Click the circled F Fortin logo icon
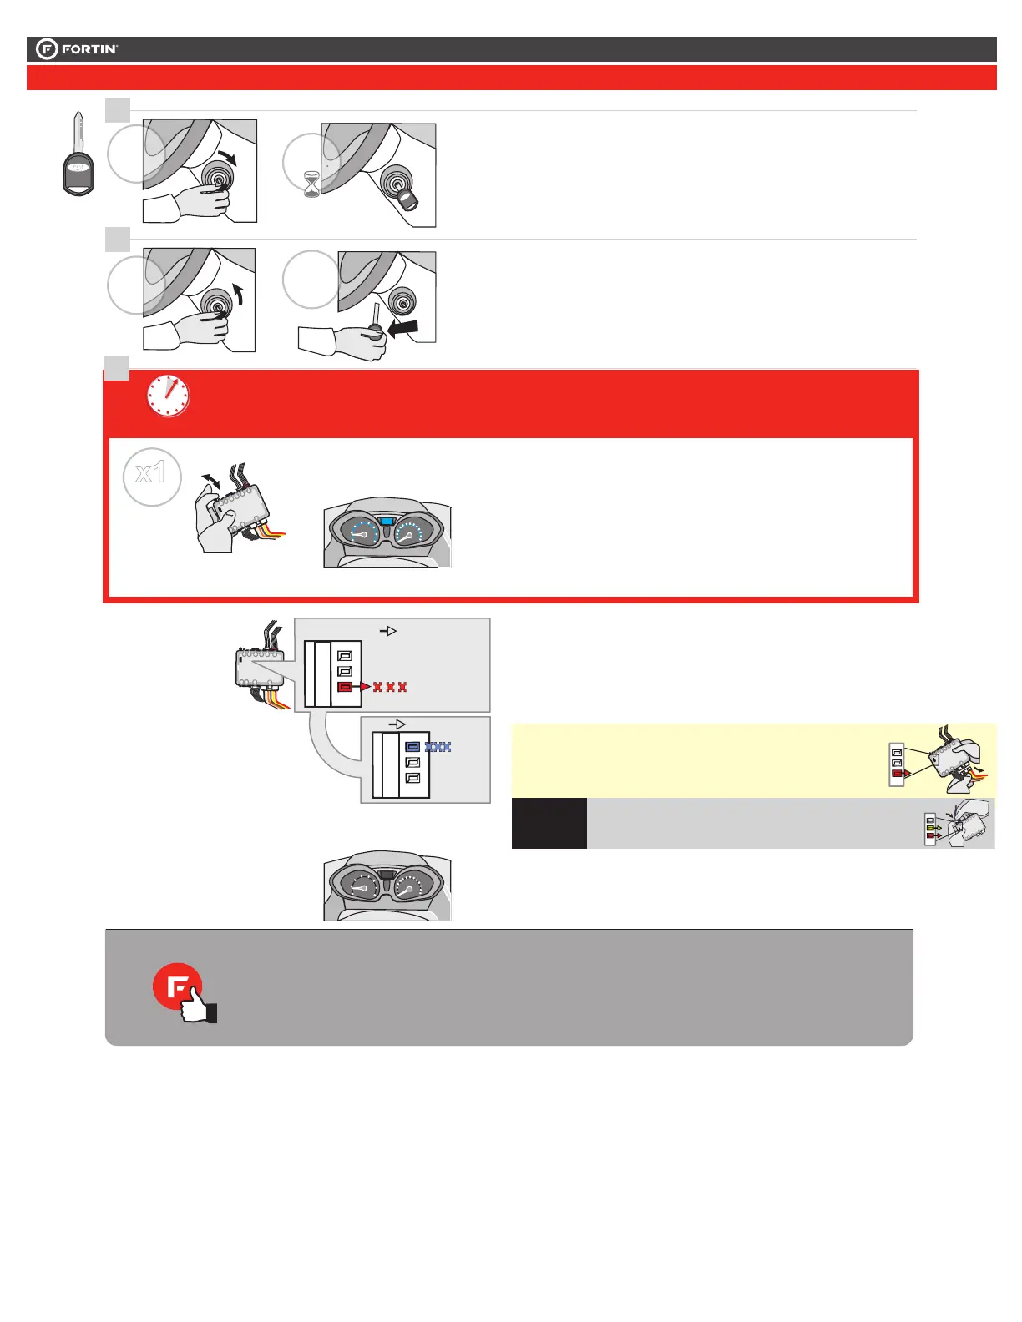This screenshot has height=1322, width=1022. point(48,49)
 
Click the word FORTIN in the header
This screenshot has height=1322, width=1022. point(89,49)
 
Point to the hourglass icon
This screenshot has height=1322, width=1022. point(311,184)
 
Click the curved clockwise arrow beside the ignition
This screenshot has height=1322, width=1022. point(226,156)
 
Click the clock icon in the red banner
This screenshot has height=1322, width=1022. point(168,396)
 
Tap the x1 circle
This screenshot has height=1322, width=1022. point(151,475)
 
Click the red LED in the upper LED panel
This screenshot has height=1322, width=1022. point(345,687)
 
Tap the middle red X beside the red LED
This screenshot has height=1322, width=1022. point(390,687)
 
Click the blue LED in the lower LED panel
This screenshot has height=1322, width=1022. point(412,747)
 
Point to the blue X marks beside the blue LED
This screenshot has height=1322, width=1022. point(438,747)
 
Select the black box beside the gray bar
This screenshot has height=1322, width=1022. point(549,823)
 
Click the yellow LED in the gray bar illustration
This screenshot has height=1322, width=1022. point(930,828)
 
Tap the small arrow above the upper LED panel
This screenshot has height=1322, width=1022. point(388,632)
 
